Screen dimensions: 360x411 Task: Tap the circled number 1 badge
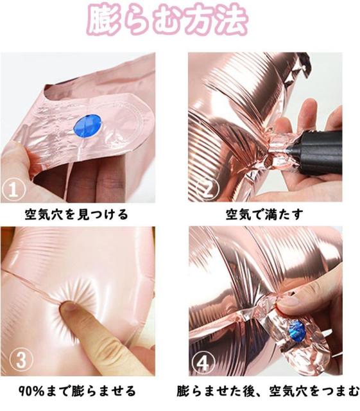(x=13, y=190)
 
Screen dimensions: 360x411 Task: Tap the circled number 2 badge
(x=208, y=188)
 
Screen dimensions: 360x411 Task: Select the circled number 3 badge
(x=21, y=360)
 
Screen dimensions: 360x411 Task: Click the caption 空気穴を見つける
(x=76, y=214)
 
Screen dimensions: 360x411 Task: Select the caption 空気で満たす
(x=264, y=214)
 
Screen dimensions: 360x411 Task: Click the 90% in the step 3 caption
(x=31, y=391)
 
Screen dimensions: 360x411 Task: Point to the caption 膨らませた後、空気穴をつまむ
(x=268, y=391)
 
